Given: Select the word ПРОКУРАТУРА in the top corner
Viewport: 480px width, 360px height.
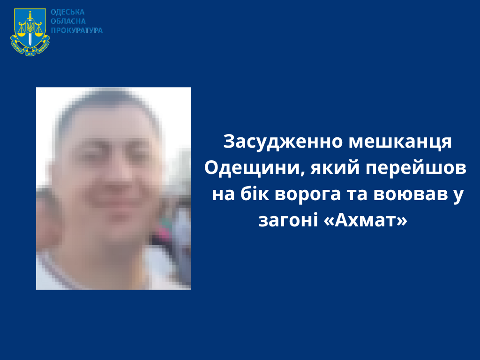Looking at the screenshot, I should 76,30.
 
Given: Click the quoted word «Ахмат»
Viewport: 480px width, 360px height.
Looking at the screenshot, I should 365,220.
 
